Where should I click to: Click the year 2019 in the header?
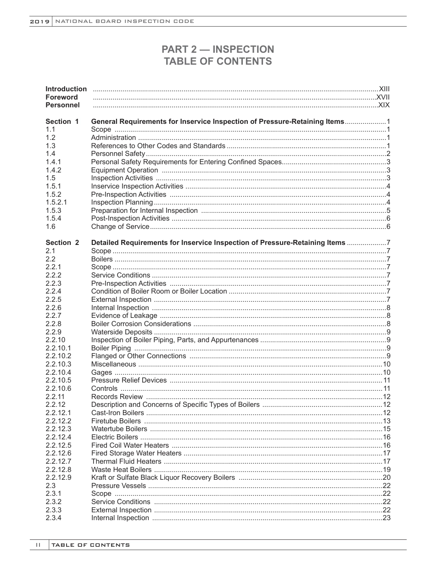pos(40,22)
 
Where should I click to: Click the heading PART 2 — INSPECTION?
pos(218,50)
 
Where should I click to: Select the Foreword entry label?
pos(61,97)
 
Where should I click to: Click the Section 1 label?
pos(62,122)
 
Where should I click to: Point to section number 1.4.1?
pos(53,162)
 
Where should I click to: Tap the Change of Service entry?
pos(120,227)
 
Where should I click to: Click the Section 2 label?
pos(62,243)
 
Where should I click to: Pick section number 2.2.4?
pos(53,291)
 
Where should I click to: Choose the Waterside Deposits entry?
pos(122,332)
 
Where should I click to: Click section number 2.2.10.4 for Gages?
pos(58,372)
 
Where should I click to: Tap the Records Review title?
pos(117,397)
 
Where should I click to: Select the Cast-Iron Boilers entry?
pos(117,413)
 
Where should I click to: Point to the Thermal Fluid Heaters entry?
pos(126,461)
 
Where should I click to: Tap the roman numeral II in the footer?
pos(38,545)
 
